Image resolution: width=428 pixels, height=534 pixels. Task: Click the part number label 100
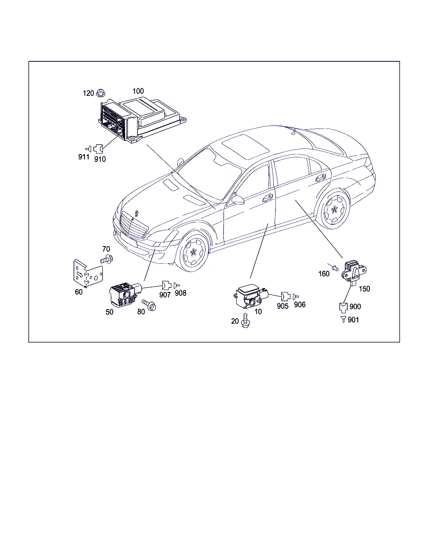[x=138, y=91]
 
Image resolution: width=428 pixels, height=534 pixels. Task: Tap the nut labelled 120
[x=100, y=93]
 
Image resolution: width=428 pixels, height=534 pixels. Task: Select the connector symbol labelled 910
[x=98, y=149]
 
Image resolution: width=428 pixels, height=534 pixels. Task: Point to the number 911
[x=84, y=157]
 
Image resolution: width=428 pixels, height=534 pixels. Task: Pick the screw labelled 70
[x=107, y=259]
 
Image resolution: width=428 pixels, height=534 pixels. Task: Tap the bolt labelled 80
[x=149, y=305]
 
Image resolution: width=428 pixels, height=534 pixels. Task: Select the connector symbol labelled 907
[x=166, y=285]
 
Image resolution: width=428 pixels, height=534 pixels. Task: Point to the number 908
[x=180, y=293]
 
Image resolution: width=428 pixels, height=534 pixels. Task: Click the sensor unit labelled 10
[x=251, y=296]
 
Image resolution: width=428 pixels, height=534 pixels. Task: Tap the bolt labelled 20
[x=245, y=320]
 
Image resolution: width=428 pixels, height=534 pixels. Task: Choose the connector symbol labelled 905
[x=285, y=297]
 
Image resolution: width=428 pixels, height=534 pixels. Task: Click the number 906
[x=299, y=305]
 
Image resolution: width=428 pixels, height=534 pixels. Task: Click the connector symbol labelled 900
[x=343, y=308]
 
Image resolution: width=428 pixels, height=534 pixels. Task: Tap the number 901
[x=353, y=320]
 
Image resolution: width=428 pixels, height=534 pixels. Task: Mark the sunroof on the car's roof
[x=245, y=147]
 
